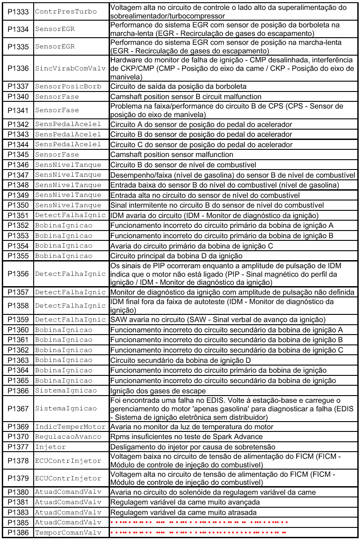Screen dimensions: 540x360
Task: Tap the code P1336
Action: pyautogui.click(x=18, y=68)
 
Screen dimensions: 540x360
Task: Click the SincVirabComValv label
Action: pyautogui.click(x=71, y=68)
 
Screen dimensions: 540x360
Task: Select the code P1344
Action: pyautogui.click(x=18, y=144)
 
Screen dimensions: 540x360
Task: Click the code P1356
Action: pyautogui.click(x=18, y=274)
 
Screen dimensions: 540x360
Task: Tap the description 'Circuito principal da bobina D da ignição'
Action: pyautogui.click(x=180, y=256)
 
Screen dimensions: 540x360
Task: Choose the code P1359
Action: pyautogui.click(x=18, y=319)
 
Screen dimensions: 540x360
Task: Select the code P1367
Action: pyautogui.click(x=18, y=409)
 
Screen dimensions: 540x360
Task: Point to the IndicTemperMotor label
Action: pyautogui.click(x=71, y=427)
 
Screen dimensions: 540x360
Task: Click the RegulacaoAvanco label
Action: pyautogui.click(x=68, y=437)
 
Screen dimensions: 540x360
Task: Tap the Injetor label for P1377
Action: pyautogui.click(x=50, y=447)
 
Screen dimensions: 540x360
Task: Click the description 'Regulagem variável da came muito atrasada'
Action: pyautogui.click(x=184, y=512)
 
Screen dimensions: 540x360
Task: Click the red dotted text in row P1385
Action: pyautogui.click(x=198, y=523)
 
